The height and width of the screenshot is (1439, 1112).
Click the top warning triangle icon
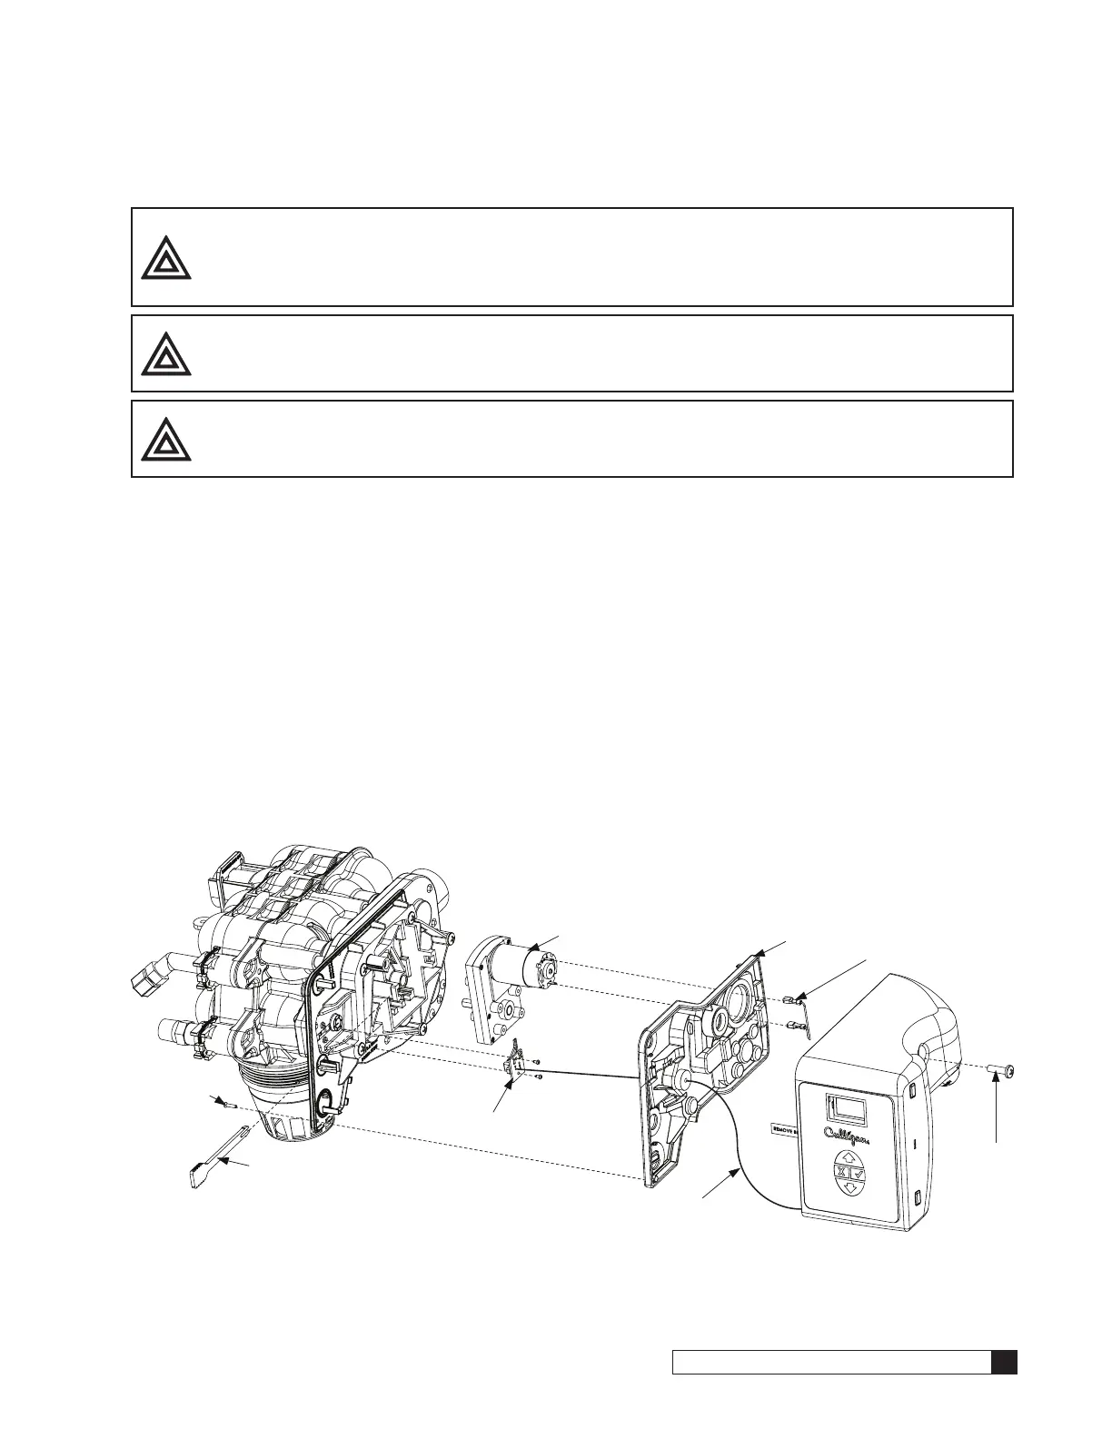166,258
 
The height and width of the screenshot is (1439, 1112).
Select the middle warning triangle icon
166,354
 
